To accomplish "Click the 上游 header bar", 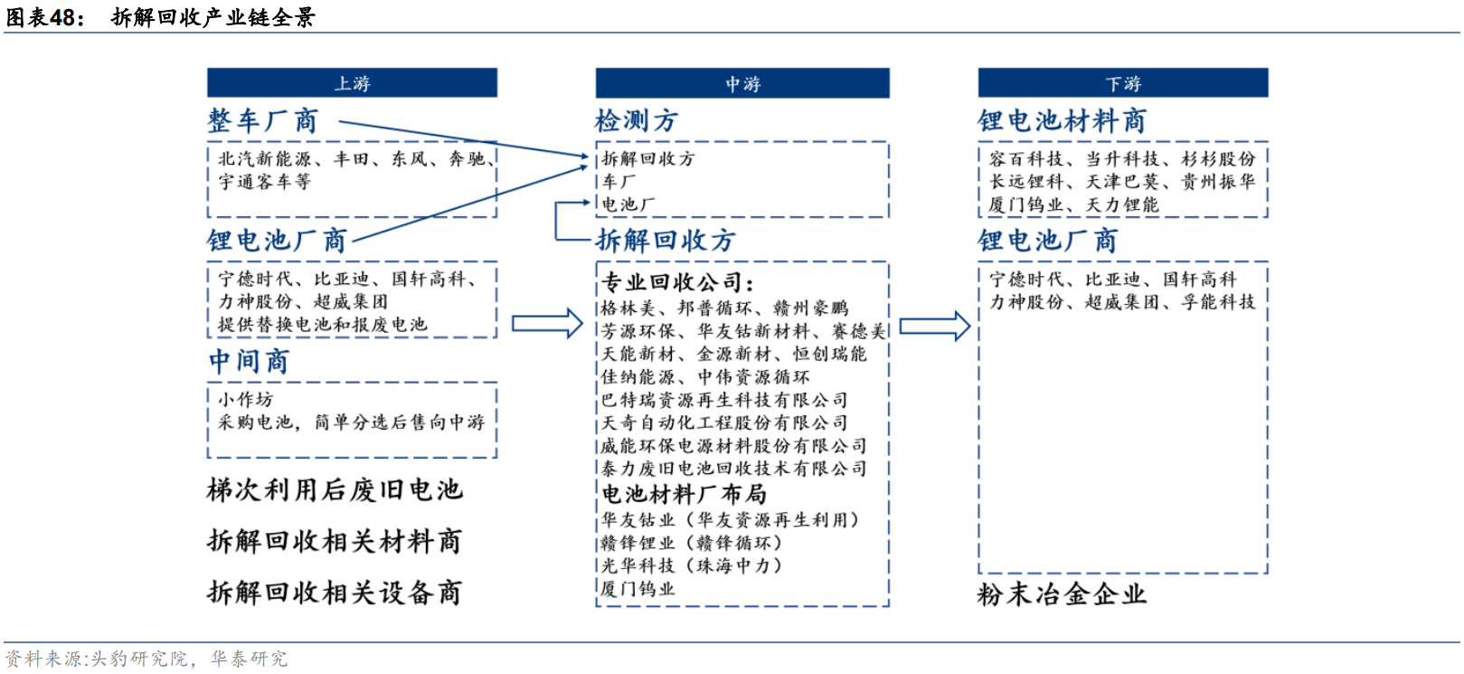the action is click(x=352, y=83).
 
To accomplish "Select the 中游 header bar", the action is click(x=742, y=83).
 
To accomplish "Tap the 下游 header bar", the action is click(x=1123, y=83).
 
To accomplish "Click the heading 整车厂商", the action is click(x=263, y=121).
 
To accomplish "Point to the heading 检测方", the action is click(x=636, y=121).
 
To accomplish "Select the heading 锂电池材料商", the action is click(x=1062, y=121).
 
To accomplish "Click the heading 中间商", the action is click(x=249, y=361).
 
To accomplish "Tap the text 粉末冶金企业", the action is click(x=1062, y=594).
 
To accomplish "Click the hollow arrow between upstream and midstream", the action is click(x=547, y=324).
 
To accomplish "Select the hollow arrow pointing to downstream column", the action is click(x=935, y=326).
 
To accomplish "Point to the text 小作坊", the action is click(x=245, y=400).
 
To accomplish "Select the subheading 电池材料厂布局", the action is click(x=684, y=494).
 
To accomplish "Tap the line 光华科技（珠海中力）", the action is click(x=692, y=565).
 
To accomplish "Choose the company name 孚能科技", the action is click(x=1218, y=301).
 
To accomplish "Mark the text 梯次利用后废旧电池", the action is click(x=335, y=490).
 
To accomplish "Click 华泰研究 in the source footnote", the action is click(x=249, y=659).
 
